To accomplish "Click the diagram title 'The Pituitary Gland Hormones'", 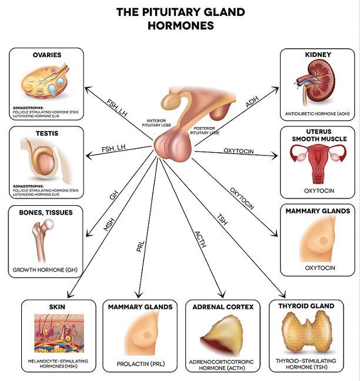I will [180, 19].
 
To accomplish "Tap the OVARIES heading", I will [46, 55].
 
